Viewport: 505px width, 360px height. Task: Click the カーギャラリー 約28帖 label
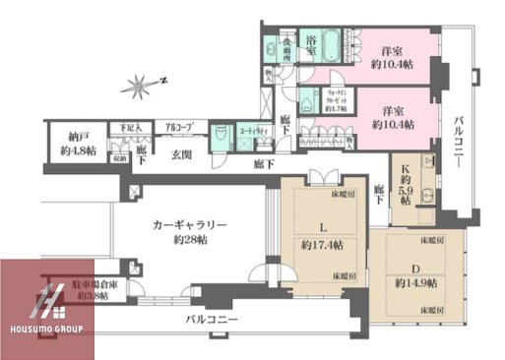[189, 232]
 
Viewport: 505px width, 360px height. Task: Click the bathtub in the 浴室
[324, 45]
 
